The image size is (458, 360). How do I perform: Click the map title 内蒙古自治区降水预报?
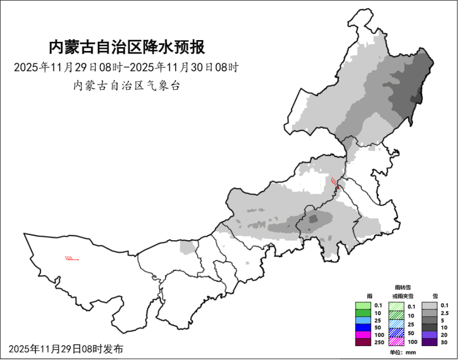pyautogui.click(x=126, y=48)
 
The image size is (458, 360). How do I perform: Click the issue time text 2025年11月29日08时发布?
pyautogui.click(x=66, y=349)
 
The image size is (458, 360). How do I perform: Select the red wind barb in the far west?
pyautogui.click(x=72, y=259)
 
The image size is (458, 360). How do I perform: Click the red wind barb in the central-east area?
pyautogui.click(x=335, y=183)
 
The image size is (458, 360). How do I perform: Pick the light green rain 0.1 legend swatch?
pyautogui.click(x=363, y=306)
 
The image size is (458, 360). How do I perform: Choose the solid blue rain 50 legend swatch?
pyautogui.click(x=363, y=328)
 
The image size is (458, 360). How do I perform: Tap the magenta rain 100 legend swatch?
pyautogui.click(x=363, y=335)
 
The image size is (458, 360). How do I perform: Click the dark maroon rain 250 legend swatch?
pyautogui.click(x=363, y=342)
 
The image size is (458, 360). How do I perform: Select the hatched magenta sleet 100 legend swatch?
pyautogui.click(x=396, y=342)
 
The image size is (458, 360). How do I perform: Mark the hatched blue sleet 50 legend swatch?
pyautogui.click(x=396, y=333)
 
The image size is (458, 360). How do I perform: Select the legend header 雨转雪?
pyautogui.click(x=403, y=287)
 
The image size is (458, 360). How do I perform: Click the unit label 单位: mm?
pyautogui.click(x=403, y=352)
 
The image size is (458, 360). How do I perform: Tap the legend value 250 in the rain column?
pyautogui.click(x=379, y=342)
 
